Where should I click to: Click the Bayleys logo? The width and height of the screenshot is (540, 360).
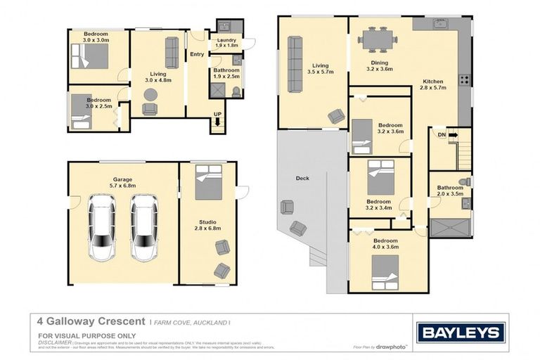(x=461, y=333)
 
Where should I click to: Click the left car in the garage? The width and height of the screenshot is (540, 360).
(x=102, y=227)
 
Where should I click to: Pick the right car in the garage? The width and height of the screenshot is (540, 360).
(x=144, y=227)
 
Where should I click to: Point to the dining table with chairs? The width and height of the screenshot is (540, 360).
(x=378, y=39)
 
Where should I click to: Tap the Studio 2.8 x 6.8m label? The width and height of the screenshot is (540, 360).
(x=207, y=225)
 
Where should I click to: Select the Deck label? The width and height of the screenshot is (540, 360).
(x=302, y=179)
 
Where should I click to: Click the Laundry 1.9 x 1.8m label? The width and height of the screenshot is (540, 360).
(x=226, y=43)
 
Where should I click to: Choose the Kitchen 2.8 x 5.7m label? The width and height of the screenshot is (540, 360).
(x=433, y=85)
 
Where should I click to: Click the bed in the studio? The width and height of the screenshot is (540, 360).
(x=208, y=183)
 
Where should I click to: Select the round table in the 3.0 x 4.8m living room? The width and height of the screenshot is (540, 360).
(x=150, y=95)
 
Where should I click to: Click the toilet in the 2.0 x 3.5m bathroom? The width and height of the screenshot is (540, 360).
(x=463, y=181)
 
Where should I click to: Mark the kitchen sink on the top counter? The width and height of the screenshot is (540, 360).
(x=442, y=24)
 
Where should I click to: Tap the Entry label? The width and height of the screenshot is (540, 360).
(x=197, y=54)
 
